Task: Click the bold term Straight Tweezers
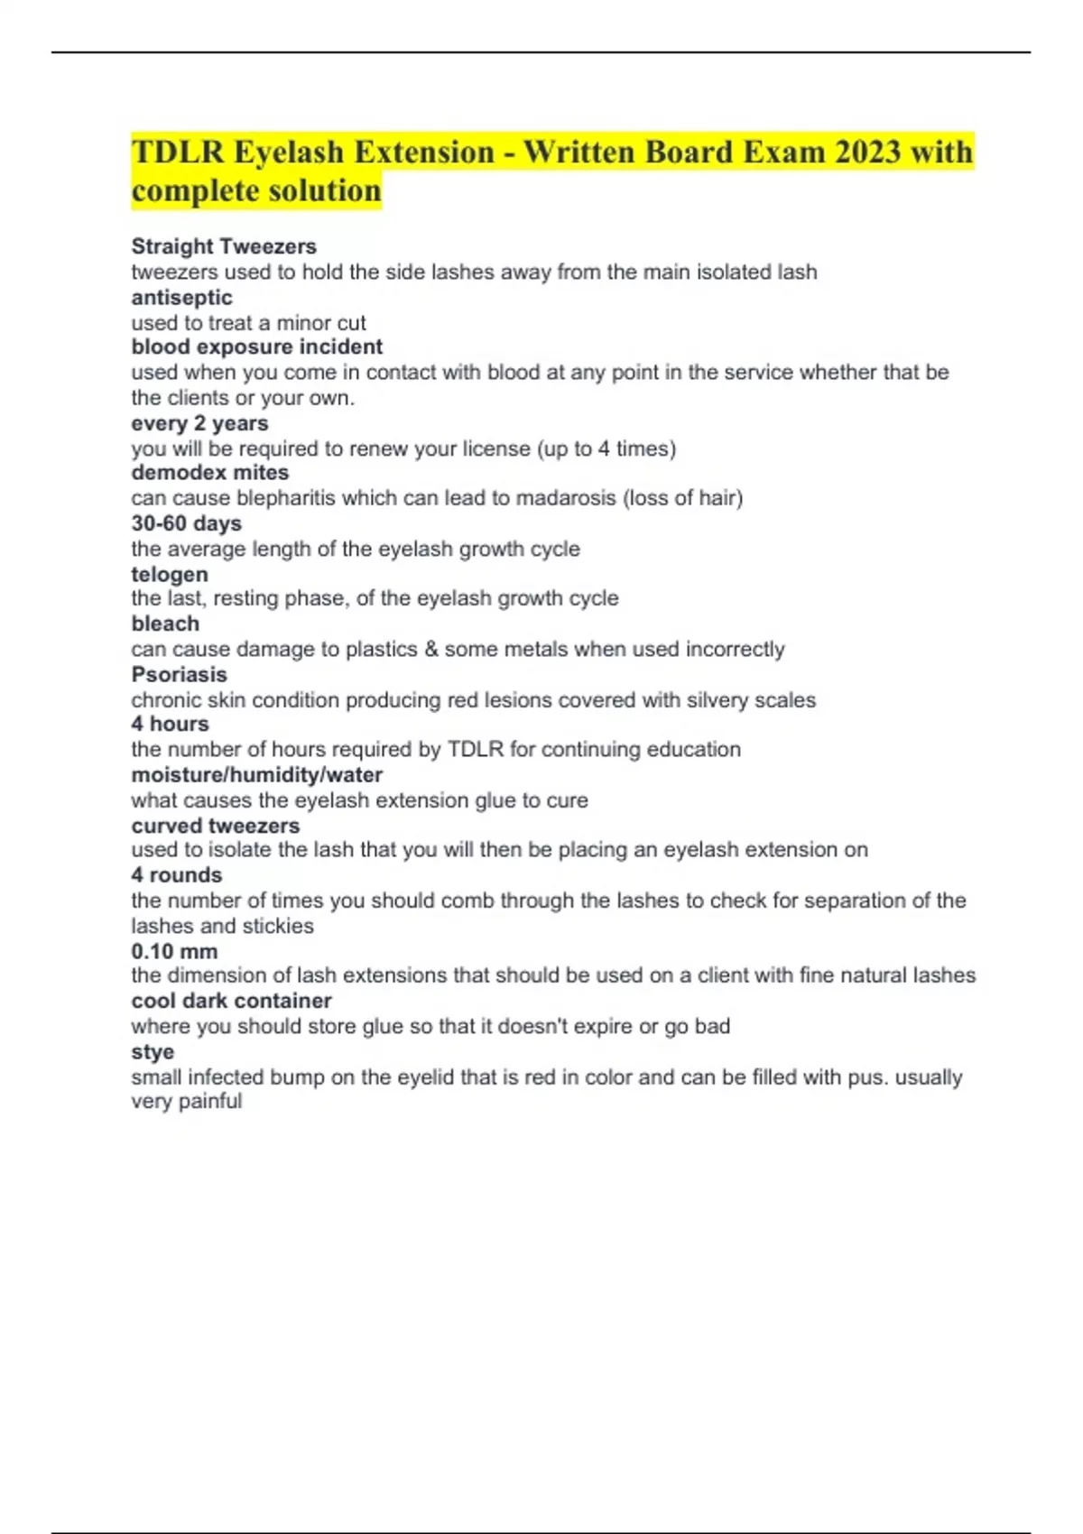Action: coord(224,246)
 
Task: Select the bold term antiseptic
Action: coord(181,297)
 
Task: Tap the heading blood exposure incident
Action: coord(256,347)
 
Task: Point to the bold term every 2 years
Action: coord(199,423)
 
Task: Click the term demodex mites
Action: coord(209,473)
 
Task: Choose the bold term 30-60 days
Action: coord(186,523)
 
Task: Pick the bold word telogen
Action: coord(170,574)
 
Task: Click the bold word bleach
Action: coord(165,624)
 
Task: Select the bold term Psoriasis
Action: coord(179,674)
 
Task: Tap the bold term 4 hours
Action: coord(170,724)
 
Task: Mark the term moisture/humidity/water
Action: coord(256,774)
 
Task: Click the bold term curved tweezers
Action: coord(215,826)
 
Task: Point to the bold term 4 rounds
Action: coord(176,874)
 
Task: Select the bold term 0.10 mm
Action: coord(174,951)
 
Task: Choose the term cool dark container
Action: coord(231,1001)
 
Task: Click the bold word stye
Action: coord(153,1051)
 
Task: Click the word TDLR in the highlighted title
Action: coord(178,152)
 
